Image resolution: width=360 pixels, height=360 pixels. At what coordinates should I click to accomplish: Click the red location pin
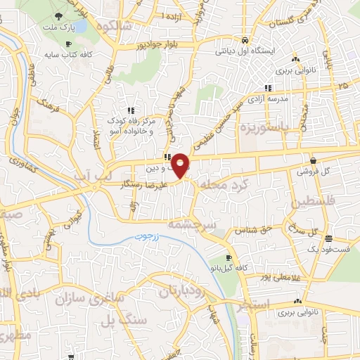181,165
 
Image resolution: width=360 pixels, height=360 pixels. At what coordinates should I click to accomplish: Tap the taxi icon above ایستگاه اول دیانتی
243,40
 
